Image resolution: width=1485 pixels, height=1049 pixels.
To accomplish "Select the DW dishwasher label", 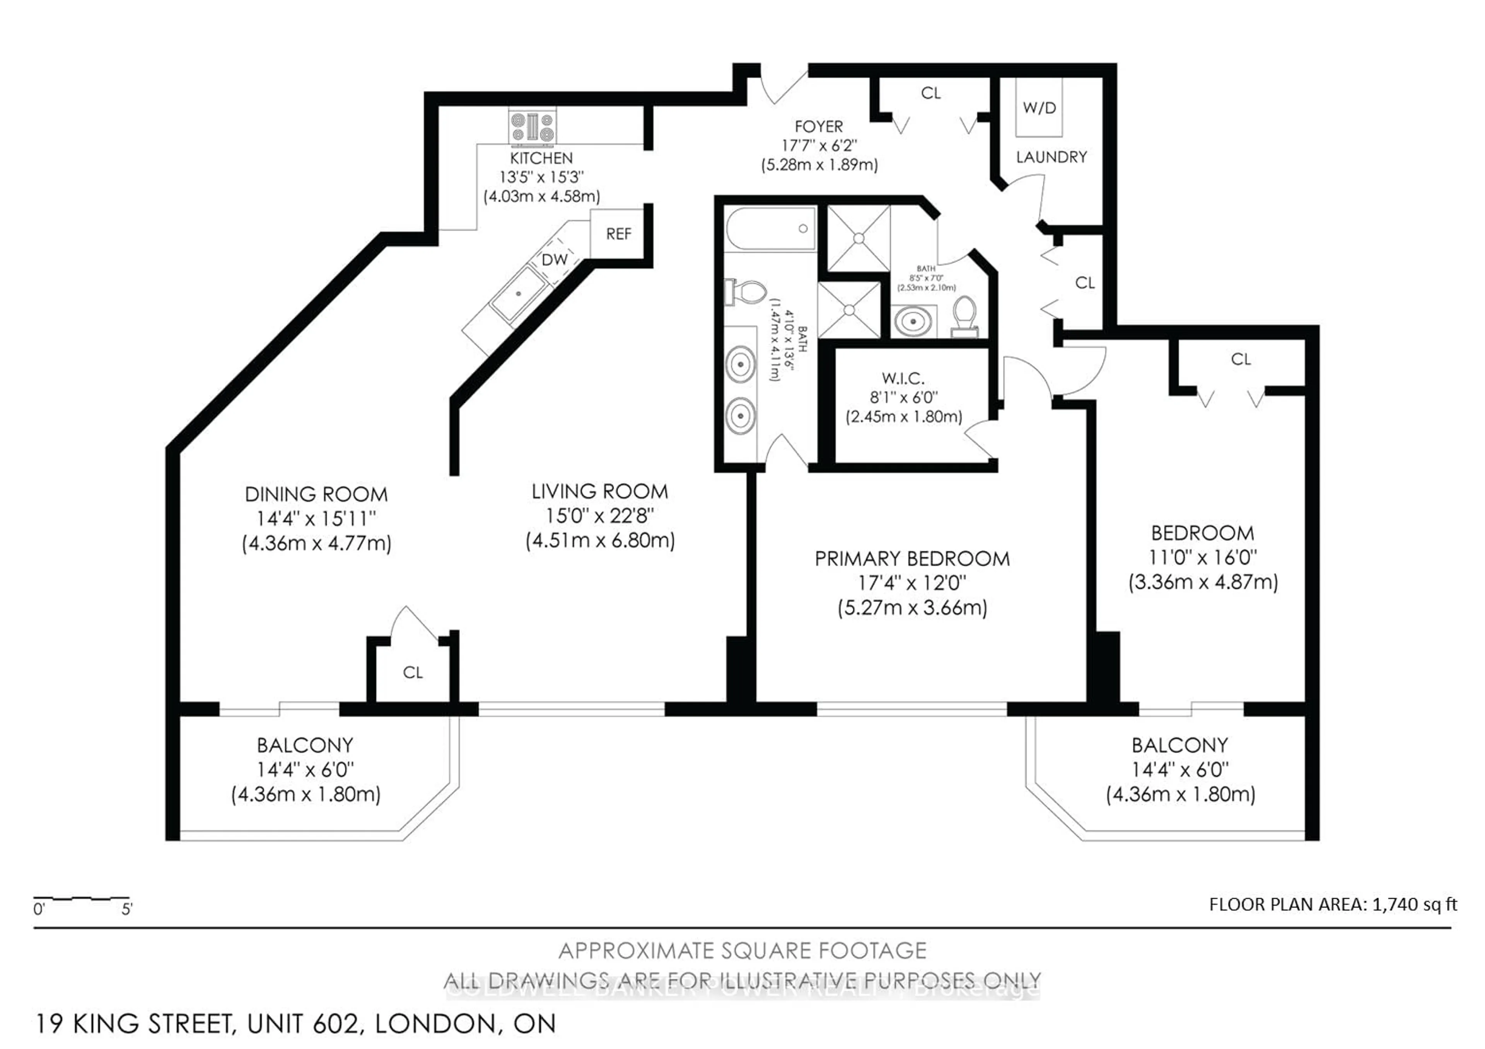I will coord(554,260).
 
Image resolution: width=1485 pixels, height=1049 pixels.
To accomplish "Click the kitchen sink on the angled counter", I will coord(518,294).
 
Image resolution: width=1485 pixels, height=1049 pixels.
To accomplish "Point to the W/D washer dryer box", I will coord(1039,108).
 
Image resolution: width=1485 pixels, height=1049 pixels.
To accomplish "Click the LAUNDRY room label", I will coord(1051,157).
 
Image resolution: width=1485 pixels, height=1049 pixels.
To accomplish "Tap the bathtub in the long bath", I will coord(770,229).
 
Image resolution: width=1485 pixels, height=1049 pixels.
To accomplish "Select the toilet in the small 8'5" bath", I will coord(965,315).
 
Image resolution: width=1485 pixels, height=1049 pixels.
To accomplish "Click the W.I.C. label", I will coord(903,378).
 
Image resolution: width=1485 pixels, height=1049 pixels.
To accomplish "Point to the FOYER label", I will coord(819,127).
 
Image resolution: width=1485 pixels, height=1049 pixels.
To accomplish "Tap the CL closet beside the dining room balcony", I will coord(413,673).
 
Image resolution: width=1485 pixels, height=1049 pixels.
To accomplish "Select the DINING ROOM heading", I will coord(316,495).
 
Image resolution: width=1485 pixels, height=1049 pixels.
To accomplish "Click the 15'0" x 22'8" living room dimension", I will coord(599,516).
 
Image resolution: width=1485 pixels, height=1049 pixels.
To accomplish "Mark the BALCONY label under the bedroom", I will coord(1180,745).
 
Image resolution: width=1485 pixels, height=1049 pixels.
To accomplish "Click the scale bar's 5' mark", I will coord(127,910).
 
